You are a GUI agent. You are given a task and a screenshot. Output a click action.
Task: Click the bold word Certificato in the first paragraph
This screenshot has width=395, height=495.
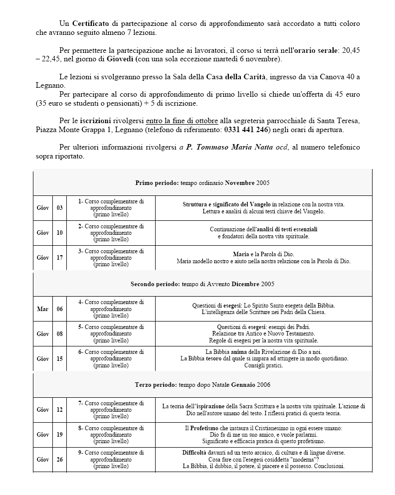[91, 23]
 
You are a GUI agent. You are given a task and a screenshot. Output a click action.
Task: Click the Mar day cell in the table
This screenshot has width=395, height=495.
[43, 309]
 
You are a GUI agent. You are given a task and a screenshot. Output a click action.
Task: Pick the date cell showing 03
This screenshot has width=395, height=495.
[59, 208]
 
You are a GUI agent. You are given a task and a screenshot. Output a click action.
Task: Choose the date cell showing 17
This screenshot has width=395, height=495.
[59, 258]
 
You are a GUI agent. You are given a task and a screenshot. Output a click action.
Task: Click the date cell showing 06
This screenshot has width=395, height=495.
[59, 309]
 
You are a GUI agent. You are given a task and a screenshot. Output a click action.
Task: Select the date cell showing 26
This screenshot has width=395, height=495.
[59, 460]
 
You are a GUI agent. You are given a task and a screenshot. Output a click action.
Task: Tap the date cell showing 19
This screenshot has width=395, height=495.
[59, 435]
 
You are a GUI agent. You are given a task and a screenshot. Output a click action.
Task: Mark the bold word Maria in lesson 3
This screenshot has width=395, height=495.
[241, 254]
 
